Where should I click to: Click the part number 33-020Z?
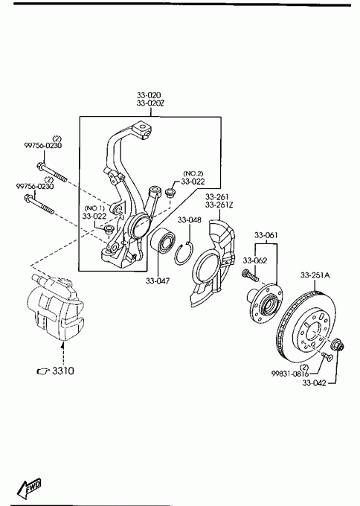tap(150, 103)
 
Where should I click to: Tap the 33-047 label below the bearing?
tap(158, 281)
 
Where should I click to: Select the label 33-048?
tap(190, 220)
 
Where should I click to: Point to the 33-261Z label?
tap(219, 205)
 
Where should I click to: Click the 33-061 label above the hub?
tap(266, 235)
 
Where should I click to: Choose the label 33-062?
tap(255, 260)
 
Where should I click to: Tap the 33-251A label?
tap(315, 275)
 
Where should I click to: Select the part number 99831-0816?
tap(290, 374)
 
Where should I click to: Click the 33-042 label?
tap(314, 383)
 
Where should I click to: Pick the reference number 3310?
tap(63, 371)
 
